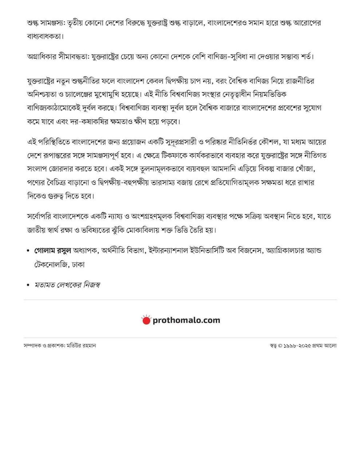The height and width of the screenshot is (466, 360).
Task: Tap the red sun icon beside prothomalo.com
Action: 146,320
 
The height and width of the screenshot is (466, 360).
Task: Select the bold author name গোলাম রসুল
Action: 52,251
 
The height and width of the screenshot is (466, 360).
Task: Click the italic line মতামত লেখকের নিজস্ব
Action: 67,285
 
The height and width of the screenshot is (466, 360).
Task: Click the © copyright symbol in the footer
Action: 280,345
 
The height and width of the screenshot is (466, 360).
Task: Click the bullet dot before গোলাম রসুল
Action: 28,251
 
